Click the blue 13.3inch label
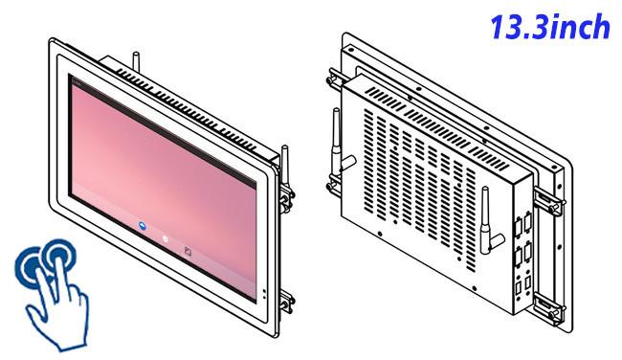coord(550,27)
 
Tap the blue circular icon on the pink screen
coord(143,226)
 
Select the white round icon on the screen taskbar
coord(165,239)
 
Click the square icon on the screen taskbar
coord(188,251)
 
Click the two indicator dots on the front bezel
coord(264,294)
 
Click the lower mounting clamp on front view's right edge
coord(286,303)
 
